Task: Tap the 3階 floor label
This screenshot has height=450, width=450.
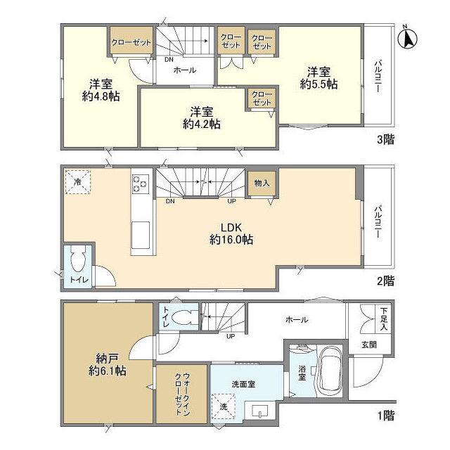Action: [385, 139]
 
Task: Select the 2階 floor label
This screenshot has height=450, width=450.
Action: [385, 281]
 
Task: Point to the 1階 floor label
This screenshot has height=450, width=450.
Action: [386, 416]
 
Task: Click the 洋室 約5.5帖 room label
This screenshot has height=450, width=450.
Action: [319, 78]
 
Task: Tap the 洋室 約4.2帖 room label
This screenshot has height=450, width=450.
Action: [202, 118]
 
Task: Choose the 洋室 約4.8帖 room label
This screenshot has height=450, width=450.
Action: [101, 90]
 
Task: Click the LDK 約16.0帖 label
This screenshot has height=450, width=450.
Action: [231, 233]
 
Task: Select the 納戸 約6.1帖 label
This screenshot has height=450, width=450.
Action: [108, 364]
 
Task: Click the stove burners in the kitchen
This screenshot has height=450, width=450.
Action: [141, 184]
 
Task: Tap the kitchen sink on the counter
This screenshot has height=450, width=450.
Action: [141, 235]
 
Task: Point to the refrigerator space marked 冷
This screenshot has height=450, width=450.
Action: [77, 182]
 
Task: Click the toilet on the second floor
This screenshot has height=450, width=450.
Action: [78, 258]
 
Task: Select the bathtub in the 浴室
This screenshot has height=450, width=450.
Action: [330, 371]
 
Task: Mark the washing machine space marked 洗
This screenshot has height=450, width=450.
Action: [224, 406]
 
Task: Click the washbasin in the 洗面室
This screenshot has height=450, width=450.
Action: [259, 411]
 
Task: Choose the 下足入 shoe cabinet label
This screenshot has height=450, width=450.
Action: [384, 319]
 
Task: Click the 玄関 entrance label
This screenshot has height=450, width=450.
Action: [369, 345]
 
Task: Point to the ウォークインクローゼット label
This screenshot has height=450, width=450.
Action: [182, 394]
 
